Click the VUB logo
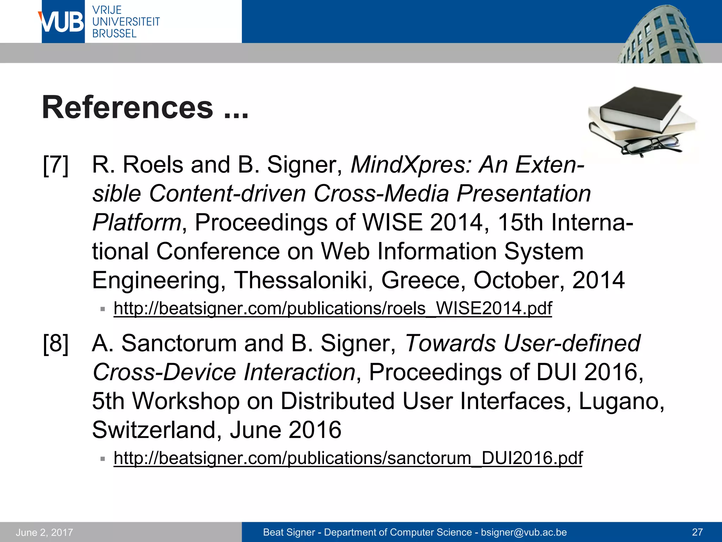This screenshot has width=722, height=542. [x=63, y=22]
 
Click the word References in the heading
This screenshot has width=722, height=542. [x=128, y=107]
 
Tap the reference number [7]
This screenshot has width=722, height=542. [x=56, y=165]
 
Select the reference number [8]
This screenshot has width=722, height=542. [x=56, y=343]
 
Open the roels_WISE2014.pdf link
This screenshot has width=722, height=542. [x=332, y=308]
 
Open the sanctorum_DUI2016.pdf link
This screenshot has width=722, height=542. [x=348, y=458]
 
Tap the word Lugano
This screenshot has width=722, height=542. [x=621, y=401]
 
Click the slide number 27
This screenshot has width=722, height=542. [x=697, y=532]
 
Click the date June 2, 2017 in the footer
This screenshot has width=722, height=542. [x=44, y=532]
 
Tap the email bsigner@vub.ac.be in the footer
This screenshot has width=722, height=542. [x=524, y=532]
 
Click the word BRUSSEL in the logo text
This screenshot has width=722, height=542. [x=114, y=34]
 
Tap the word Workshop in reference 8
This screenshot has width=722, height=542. [x=185, y=401]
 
